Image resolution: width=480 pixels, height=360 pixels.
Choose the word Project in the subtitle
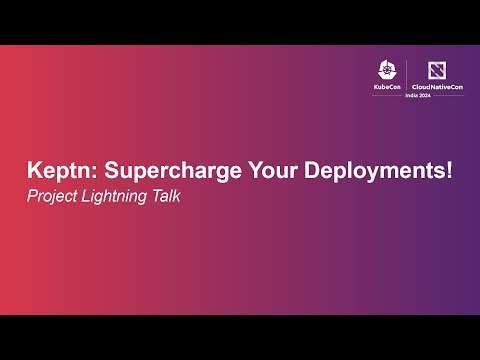51,196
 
